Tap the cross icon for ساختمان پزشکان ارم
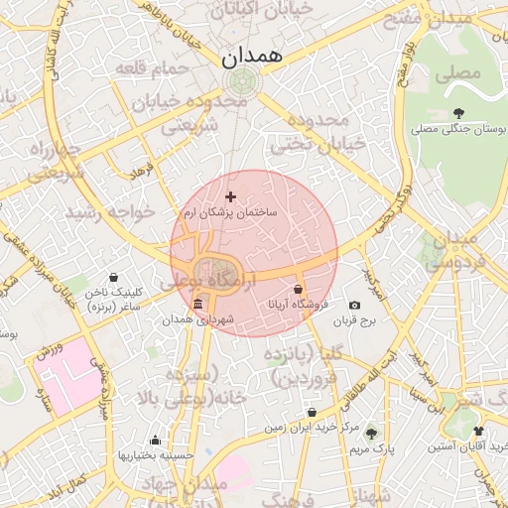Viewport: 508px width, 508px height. pyautogui.click(x=231, y=197)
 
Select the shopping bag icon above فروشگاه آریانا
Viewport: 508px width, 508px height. pyautogui.click(x=299, y=289)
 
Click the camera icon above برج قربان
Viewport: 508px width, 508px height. pyautogui.click(x=355, y=305)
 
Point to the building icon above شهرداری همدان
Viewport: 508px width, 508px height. pyautogui.click(x=199, y=304)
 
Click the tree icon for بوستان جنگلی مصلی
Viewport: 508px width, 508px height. pyautogui.click(x=457, y=113)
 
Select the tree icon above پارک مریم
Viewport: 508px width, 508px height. pyautogui.click(x=371, y=434)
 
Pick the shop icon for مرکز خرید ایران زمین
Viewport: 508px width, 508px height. pyautogui.click(x=312, y=412)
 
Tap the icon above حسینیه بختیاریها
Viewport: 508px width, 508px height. pyautogui.click(x=155, y=440)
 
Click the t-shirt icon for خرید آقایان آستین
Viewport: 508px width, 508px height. pyautogui.click(x=479, y=432)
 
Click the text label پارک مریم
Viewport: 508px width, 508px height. pyautogui.click(x=371, y=449)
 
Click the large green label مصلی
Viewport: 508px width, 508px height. pyautogui.click(x=462, y=72)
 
